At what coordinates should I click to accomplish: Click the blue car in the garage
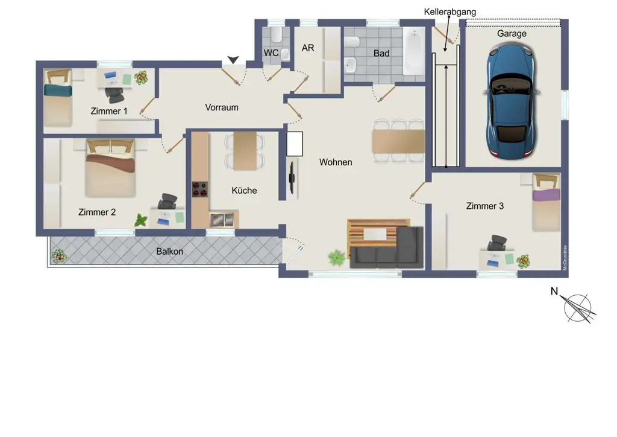coord(511,101)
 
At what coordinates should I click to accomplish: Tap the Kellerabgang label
coord(449,12)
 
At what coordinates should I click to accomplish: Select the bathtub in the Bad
coord(414,51)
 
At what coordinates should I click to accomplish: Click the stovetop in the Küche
coord(200,189)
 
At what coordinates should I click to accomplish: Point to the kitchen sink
coord(222,220)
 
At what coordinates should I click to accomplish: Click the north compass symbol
coord(577,308)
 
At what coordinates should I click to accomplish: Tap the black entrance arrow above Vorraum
coord(233,60)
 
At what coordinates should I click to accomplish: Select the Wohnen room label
coord(336,162)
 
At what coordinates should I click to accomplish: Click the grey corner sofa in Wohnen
coord(387,248)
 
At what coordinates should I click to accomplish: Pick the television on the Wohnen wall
coord(292,178)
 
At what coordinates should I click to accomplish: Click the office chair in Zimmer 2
coord(168,202)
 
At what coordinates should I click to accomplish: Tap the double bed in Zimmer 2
coord(111,168)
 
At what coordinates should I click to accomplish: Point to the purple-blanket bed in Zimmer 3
coord(546,202)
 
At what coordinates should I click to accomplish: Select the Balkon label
coord(169,252)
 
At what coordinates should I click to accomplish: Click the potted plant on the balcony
coord(59,257)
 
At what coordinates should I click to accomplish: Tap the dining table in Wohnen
coord(398,141)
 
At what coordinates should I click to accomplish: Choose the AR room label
coord(308,48)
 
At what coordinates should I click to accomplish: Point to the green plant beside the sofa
coord(336,258)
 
